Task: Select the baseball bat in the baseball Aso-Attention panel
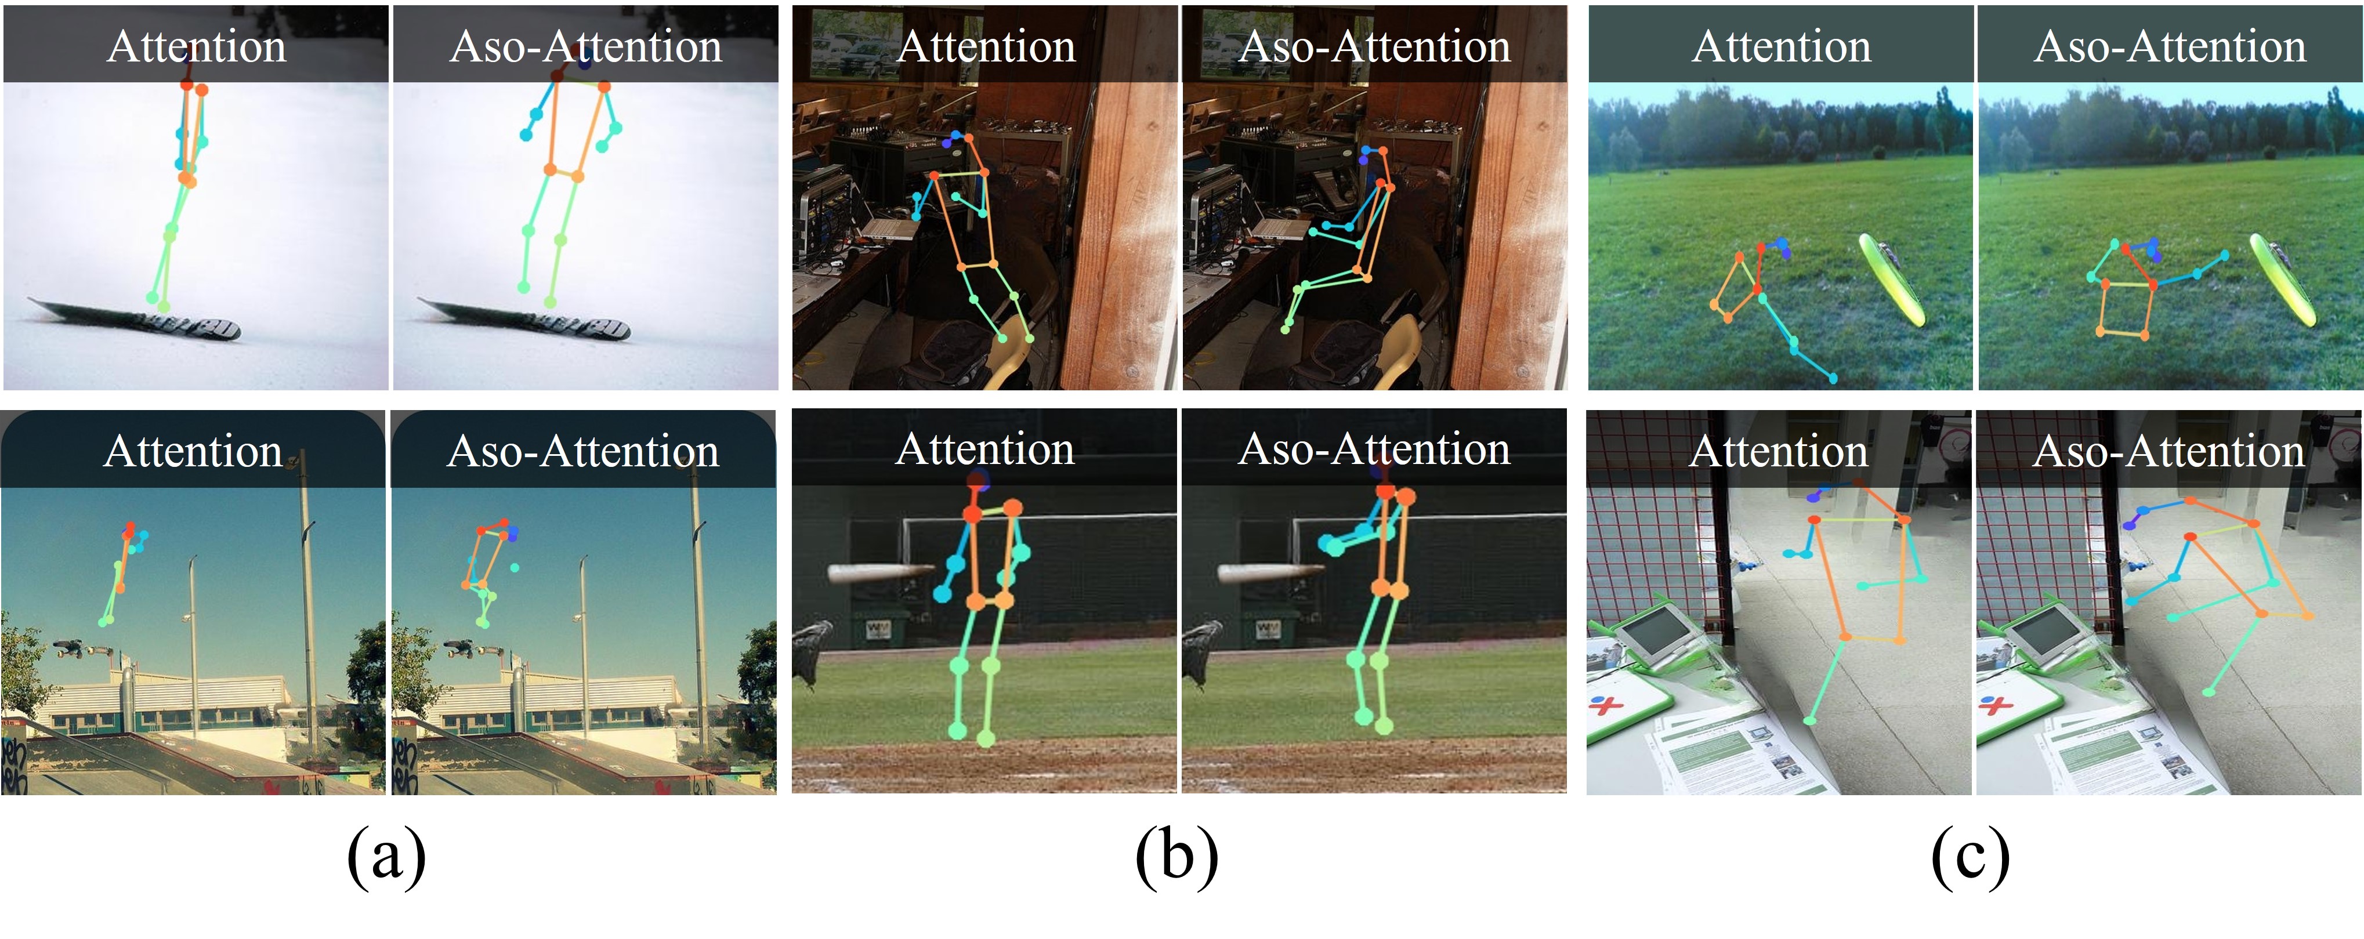1268,573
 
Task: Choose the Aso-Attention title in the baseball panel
1374,449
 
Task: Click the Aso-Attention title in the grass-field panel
2170,46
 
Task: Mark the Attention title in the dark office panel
986,46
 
